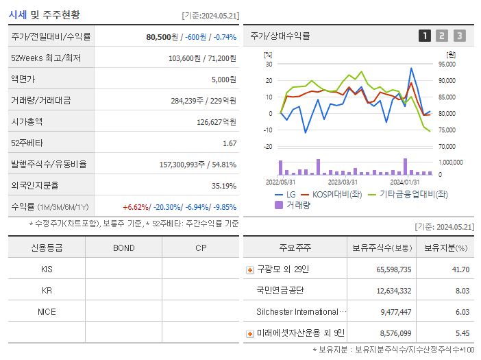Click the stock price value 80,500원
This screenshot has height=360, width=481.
pyautogui.click(x=162, y=37)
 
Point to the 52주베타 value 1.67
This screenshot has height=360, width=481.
pyautogui.click(x=230, y=143)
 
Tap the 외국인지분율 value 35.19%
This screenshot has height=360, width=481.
pyautogui.click(x=224, y=185)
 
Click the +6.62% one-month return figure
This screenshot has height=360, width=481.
pyautogui.click(x=136, y=206)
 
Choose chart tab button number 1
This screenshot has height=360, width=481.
pyautogui.click(x=425, y=36)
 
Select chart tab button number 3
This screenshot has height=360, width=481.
pyautogui.click(x=459, y=36)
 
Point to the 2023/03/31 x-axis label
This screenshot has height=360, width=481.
pyautogui.click(x=343, y=182)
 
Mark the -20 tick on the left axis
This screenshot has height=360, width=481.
pyautogui.click(x=268, y=147)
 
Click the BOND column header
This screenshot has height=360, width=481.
pyautogui.click(x=123, y=248)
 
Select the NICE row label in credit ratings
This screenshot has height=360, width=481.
pyautogui.click(x=47, y=311)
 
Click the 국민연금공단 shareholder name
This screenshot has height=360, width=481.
pyautogui.click(x=280, y=290)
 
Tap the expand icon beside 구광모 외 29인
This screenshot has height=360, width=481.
pyautogui.click(x=250, y=270)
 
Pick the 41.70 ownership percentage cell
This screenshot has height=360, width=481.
pyautogui.click(x=460, y=269)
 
